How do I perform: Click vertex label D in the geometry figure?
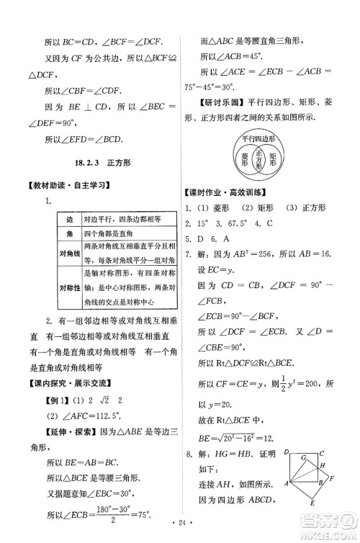click(287, 452)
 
